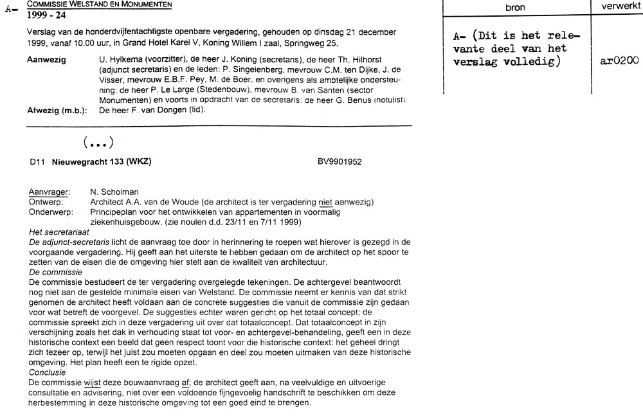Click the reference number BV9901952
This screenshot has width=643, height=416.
(340, 162)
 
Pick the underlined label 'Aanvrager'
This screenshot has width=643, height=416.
(49, 192)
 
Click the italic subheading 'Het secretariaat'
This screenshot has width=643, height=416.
(59, 231)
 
